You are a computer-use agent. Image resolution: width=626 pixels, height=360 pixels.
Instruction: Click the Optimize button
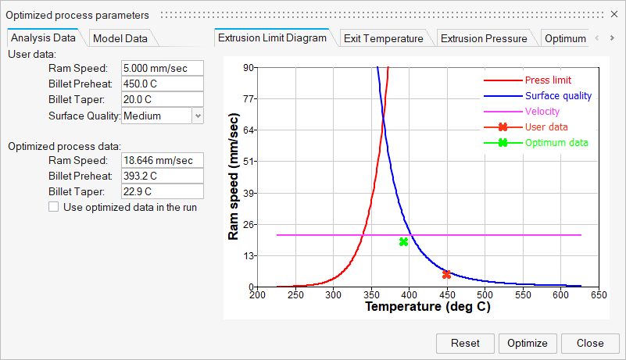click(x=528, y=343)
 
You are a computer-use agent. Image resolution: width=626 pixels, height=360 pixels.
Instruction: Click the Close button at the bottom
click(x=590, y=343)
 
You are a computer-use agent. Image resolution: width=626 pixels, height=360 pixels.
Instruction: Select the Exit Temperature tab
click(x=383, y=38)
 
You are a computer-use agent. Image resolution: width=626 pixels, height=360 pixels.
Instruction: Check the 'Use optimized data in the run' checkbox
click(x=54, y=207)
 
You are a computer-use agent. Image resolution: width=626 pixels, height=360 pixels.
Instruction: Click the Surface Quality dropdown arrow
click(x=197, y=116)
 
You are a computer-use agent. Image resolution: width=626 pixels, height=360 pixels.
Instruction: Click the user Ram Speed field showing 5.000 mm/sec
click(x=162, y=69)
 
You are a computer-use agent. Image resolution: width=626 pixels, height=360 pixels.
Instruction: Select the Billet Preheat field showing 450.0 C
click(x=162, y=84)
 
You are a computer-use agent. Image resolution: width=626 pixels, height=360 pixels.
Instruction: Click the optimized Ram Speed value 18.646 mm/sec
click(x=162, y=160)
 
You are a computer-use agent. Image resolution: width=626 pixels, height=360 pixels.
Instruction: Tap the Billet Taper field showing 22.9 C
click(x=162, y=191)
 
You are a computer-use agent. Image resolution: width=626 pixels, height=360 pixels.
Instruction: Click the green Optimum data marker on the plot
click(x=403, y=241)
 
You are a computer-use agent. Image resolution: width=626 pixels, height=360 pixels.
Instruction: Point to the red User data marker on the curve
click(x=446, y=274)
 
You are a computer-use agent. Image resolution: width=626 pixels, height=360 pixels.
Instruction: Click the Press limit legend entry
click(x=547, y=80)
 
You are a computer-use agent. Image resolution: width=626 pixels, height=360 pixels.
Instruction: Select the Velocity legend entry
click(x=542, y=112)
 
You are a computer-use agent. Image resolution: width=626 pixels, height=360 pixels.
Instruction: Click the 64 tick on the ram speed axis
click(x=249, y=130)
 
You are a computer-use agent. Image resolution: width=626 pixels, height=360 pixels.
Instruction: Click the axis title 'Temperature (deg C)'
click(x=427, y=307)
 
